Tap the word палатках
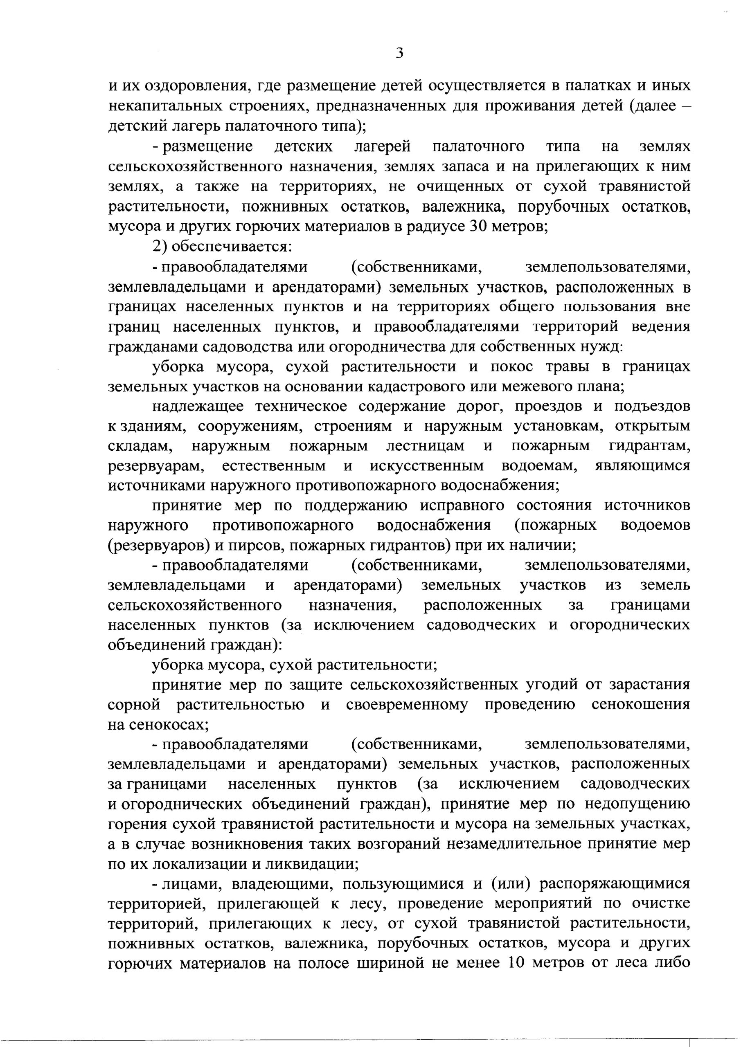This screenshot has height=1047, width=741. click(595, 86)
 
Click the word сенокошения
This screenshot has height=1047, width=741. click(641, 705)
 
